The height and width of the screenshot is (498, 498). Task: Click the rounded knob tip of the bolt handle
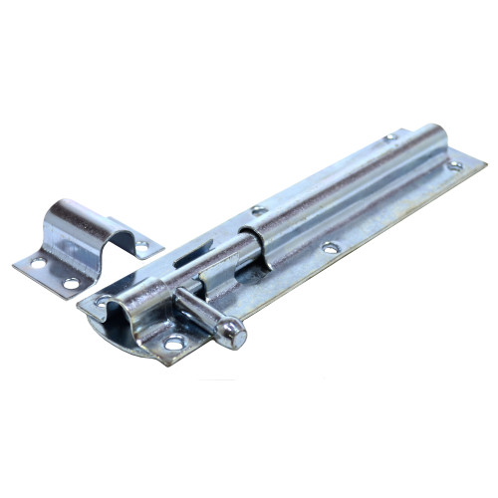coord(235,334)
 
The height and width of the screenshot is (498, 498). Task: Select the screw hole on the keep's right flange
coord(141,246)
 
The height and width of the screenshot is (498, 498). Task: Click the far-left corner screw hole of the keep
coord(38,264)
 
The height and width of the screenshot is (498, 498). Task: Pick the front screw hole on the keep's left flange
coord(71,284)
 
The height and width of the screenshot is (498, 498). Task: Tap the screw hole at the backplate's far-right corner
coord(454,166)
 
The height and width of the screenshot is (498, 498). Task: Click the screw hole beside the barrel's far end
coord(389,136)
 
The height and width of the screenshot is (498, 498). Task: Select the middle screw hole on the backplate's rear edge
coord(258,210)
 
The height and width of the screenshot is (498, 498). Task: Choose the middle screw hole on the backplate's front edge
coord(328,247)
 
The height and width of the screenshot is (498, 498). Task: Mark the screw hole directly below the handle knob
coord(175,343)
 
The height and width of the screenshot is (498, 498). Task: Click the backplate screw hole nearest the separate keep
coord(103,300)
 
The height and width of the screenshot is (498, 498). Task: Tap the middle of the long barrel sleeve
coord(339,184)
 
